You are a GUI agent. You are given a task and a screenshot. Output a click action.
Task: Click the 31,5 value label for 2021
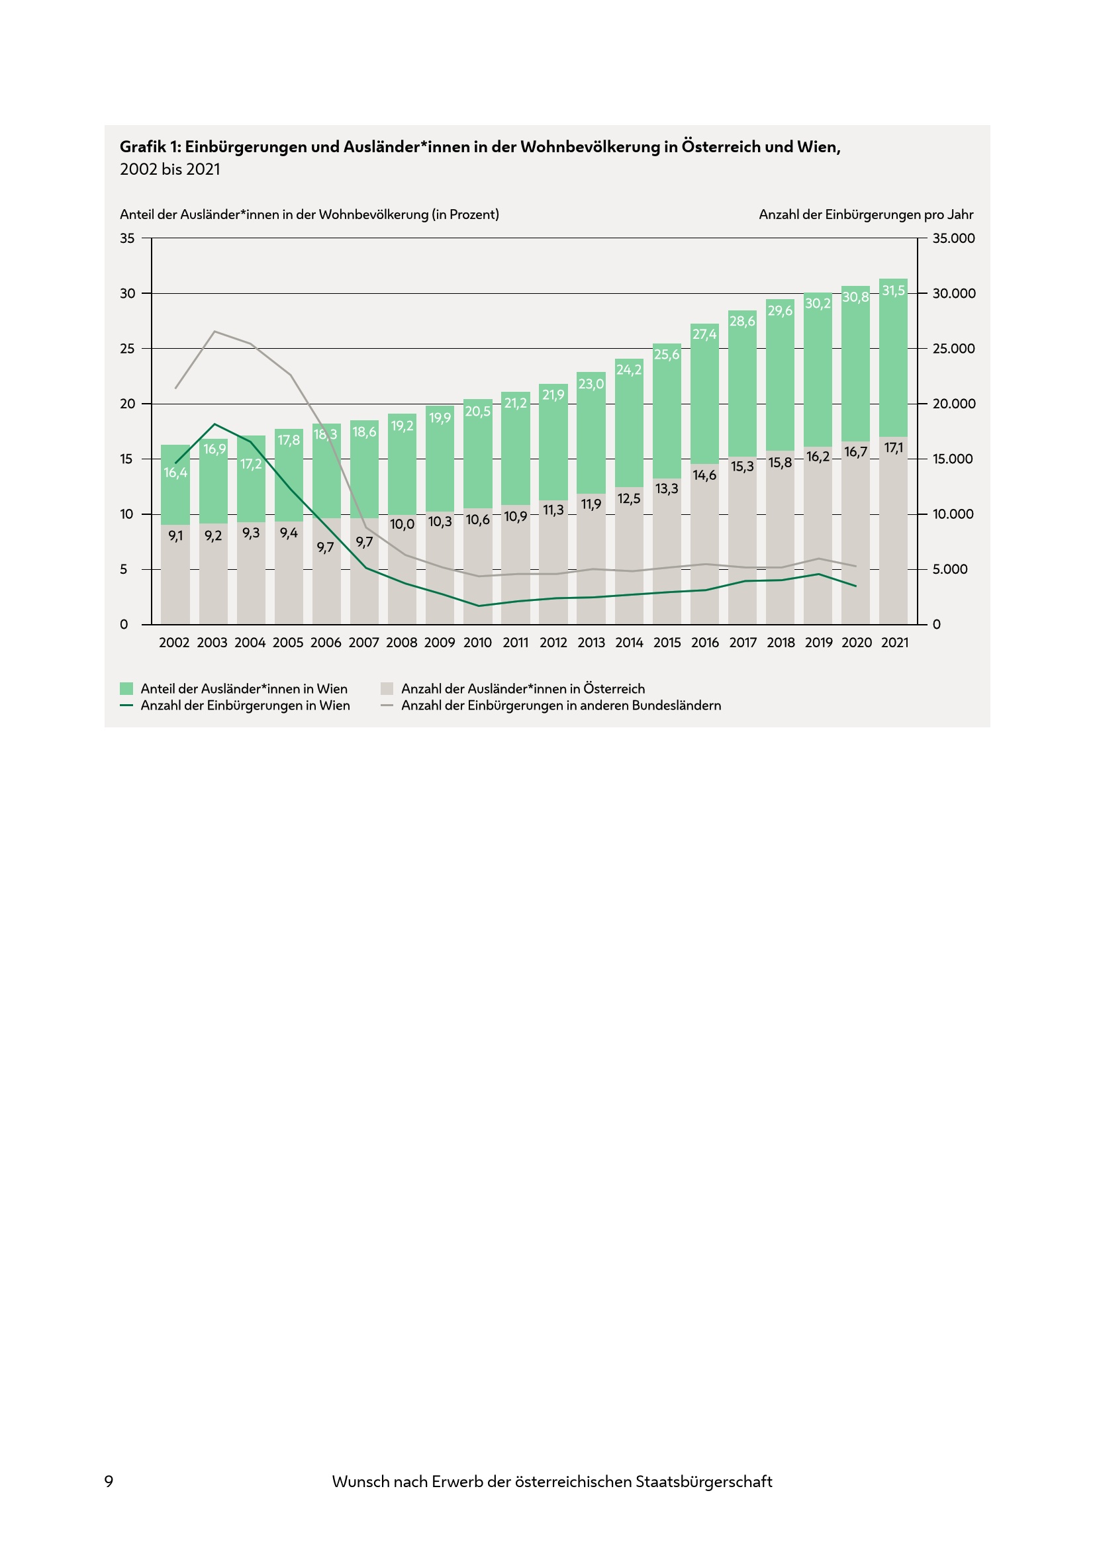(893, 291)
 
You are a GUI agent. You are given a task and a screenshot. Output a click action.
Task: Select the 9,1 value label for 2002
(175, 536)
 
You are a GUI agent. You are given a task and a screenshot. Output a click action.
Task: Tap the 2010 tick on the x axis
(477, 643)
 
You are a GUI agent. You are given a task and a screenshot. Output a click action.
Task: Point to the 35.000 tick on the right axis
(953, 238)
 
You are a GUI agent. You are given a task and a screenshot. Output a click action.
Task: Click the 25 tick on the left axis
(126, 349)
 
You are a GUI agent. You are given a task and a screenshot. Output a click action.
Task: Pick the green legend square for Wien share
(126, 688)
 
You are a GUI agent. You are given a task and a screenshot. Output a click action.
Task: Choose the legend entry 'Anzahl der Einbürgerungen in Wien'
(245, 706)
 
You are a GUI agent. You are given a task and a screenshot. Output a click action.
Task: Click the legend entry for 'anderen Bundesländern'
(560, 706)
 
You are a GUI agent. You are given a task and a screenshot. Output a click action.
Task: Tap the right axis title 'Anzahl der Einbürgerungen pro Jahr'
(866, 214)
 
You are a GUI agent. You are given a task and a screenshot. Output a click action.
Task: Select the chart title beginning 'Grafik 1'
(480, 146)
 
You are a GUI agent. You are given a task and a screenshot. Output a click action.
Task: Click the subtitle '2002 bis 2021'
(170, 169)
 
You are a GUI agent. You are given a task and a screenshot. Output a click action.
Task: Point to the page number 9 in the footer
(109, 1481)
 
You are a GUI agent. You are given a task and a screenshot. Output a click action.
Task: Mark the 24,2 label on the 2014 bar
(628, 369)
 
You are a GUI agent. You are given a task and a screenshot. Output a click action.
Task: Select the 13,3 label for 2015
(666, 488)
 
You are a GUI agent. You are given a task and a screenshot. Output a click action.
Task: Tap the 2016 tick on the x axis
(704, 643)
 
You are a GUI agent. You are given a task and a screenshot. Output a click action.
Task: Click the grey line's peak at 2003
(214, 331)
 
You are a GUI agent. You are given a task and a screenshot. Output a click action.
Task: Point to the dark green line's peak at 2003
(214, 424)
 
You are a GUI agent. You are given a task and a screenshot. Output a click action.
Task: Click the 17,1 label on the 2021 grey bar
(893, 447)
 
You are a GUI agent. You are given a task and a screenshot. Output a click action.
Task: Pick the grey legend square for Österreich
(387, 688)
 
